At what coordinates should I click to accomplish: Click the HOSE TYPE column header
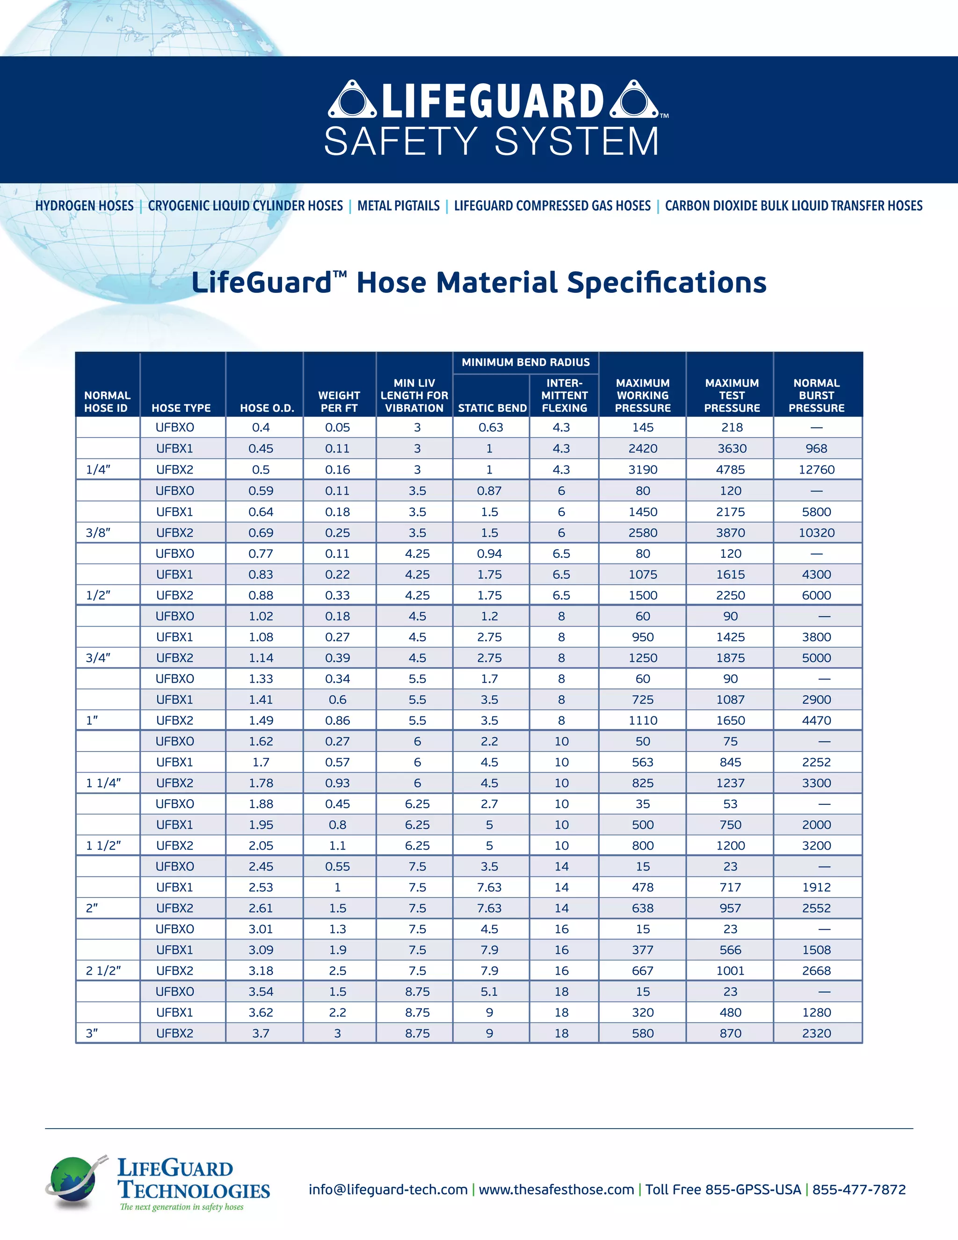181,408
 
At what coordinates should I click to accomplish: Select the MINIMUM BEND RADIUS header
525,362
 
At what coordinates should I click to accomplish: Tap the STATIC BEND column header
492,408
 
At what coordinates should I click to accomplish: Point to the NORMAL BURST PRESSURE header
816,396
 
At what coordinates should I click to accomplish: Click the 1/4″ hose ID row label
98,469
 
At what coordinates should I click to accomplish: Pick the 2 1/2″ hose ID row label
103,970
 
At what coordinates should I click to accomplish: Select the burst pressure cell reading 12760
816,469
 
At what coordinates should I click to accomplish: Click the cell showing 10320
816,532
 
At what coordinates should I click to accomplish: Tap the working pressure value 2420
642,449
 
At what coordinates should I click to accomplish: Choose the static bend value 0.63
490,428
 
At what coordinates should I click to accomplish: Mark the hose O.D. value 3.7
261,1033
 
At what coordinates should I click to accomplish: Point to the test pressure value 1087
730,700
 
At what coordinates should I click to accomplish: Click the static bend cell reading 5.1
489,992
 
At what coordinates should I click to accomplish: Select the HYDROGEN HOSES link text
85,205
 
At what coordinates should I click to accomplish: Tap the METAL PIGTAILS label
399,205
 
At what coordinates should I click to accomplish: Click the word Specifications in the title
666,283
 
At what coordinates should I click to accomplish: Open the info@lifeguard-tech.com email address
388,1189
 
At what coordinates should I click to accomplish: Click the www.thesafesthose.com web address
556,1189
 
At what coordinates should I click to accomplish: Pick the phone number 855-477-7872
859,1189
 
